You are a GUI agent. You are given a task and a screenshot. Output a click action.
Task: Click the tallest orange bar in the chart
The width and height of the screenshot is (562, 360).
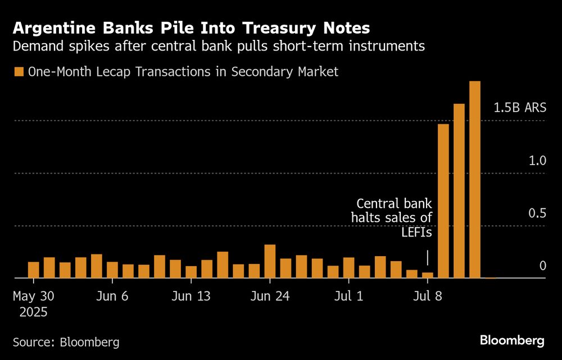pos(475,180)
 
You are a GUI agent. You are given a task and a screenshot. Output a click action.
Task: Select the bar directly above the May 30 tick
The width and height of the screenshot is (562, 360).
pos(34,270)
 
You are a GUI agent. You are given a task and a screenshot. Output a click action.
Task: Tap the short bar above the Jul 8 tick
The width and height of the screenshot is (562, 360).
pos(428,275)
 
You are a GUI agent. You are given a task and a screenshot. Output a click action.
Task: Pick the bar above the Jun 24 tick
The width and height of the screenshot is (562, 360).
pos(270,262)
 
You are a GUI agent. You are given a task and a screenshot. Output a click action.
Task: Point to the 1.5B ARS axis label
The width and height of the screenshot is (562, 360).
pos(520,107)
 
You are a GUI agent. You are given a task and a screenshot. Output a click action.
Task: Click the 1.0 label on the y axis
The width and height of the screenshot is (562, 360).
pos(537,161)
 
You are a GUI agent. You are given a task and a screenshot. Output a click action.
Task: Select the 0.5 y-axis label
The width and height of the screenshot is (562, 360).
pos(537,213)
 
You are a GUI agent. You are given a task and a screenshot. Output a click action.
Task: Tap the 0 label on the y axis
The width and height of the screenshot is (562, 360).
pos(543,266)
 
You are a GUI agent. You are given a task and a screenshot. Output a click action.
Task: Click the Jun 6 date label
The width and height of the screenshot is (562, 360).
pos(112,297)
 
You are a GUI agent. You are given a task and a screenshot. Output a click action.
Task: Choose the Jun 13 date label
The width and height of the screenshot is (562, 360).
pos(192,297)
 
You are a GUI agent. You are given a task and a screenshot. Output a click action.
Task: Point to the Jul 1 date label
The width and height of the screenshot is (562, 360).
pos(348,297)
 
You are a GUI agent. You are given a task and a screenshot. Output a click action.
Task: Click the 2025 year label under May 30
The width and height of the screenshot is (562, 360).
pos(33,312)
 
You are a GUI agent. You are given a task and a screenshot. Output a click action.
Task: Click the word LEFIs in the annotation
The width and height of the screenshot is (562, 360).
pos(415,231)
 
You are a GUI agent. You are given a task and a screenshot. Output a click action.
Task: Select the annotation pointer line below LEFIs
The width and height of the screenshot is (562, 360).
pos(428,258)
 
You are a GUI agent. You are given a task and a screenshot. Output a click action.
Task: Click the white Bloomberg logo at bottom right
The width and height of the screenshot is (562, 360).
pos(512,340)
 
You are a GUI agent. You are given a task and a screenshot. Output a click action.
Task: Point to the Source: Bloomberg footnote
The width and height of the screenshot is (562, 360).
pos(66,341)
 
